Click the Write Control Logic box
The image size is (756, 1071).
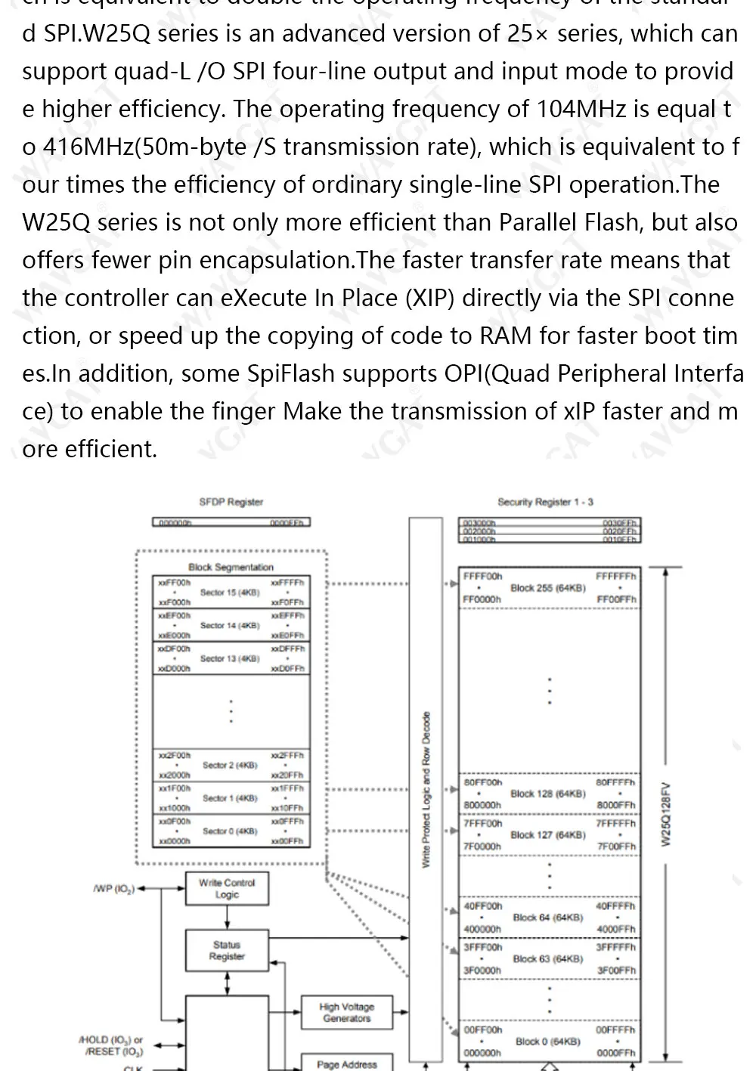(227, 888)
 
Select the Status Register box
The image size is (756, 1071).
(227, 950)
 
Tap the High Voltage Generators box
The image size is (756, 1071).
(346, 1012)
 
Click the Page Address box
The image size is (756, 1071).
(346, 1064)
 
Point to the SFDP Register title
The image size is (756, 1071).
(231, 502)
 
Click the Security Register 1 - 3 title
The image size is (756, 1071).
(545, 502)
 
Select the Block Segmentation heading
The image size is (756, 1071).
(231, 567)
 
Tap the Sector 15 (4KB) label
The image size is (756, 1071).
(230, 593)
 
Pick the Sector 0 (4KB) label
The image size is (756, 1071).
(230, 831)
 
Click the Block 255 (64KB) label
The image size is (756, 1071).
(548, 587)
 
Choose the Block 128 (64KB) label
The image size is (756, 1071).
(548, 794)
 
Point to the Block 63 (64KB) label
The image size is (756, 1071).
(548, 958)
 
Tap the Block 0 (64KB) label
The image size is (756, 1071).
(548, 1041)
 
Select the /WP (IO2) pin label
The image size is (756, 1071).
(113, 889)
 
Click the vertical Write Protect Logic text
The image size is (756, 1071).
(426, 790)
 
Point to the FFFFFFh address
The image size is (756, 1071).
(616, 576)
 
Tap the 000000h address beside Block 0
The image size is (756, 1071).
(482, 1053)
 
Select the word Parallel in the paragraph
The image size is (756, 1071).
(538, 222)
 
